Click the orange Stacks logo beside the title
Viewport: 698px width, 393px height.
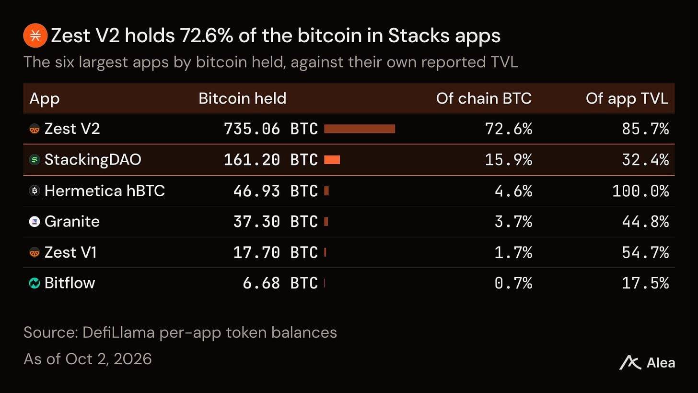35,35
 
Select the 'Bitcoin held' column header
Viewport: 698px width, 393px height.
242,98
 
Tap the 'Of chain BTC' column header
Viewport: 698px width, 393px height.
484,98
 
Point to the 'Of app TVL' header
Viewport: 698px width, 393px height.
627,99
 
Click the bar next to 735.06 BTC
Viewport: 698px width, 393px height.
360,129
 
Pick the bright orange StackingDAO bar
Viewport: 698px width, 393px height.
332,160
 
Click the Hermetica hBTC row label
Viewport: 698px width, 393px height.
105,191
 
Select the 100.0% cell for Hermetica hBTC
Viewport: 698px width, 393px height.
640,191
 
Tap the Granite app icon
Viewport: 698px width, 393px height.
35,222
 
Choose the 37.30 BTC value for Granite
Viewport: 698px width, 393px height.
276,222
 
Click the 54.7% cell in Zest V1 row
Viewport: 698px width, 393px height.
645,252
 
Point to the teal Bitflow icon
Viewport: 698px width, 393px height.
35,283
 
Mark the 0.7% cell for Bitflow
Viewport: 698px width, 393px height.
513,283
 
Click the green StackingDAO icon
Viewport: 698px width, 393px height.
35,160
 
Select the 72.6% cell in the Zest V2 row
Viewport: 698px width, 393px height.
509,129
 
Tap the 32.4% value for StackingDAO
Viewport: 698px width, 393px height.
645,160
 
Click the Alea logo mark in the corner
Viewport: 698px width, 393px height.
630,363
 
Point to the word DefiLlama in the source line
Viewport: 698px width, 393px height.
118,333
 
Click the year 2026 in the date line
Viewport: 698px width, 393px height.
133,359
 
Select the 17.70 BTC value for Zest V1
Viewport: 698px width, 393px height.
276,252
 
